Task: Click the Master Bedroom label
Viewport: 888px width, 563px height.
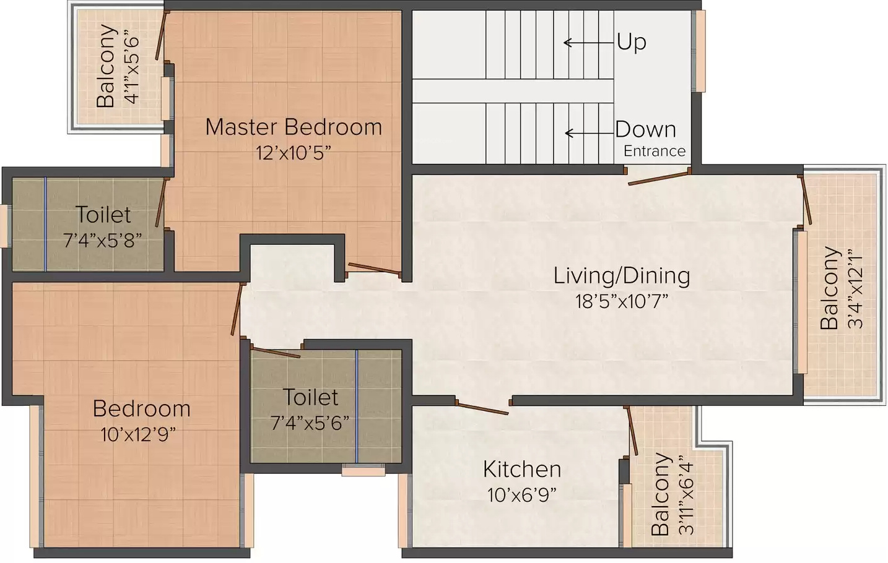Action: (x=294, y=127)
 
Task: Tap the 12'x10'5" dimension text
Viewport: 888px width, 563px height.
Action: (x=293, y=153)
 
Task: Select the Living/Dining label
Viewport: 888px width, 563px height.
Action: (x=622, y=277)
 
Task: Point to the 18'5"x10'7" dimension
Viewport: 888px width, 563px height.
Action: (x=622, y=301)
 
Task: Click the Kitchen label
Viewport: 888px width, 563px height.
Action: (x=522, y=470)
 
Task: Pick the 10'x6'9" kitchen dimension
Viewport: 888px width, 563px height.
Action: (x=521, y=495)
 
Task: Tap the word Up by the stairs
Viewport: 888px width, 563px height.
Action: (x=632, y=42)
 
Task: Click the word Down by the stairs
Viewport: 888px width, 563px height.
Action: (x=645, y=129)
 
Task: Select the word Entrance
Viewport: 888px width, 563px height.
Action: (x=655, y=151)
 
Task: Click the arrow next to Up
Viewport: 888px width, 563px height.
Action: (x=589, y=43)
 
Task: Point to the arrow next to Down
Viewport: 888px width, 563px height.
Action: (x=590, y=134)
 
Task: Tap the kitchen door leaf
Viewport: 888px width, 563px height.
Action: (x=482, y=408)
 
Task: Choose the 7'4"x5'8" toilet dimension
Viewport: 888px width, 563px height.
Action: (x=103, y=240)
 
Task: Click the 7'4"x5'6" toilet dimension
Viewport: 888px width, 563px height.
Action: (x=310, y=423)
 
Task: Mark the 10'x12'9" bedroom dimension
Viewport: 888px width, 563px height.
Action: (x=138, y=435)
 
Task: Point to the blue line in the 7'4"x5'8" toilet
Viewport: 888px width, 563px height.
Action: (x=45, y=224)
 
